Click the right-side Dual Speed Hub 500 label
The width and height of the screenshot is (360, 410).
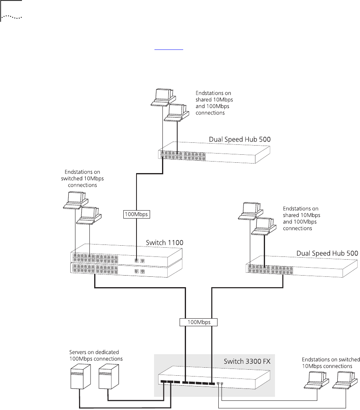327,253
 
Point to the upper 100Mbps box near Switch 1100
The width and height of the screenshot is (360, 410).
136,214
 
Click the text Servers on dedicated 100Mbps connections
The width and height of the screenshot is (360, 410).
94,355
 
